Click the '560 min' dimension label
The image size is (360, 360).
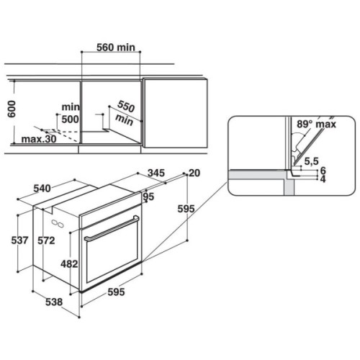pos(116,48)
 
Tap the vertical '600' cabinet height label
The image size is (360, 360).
pos(12,109)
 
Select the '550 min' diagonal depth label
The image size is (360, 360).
pos(125,113)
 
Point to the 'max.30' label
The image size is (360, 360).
pos(39,139)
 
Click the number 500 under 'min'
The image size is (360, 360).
pos(70,120)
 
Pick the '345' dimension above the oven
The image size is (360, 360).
pos(156,173)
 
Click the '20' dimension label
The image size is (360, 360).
pos(194,173)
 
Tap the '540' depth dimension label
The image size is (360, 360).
pos(42,189)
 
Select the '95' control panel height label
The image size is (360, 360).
pos(148,197)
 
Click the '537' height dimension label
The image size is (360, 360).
pos(19,240)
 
